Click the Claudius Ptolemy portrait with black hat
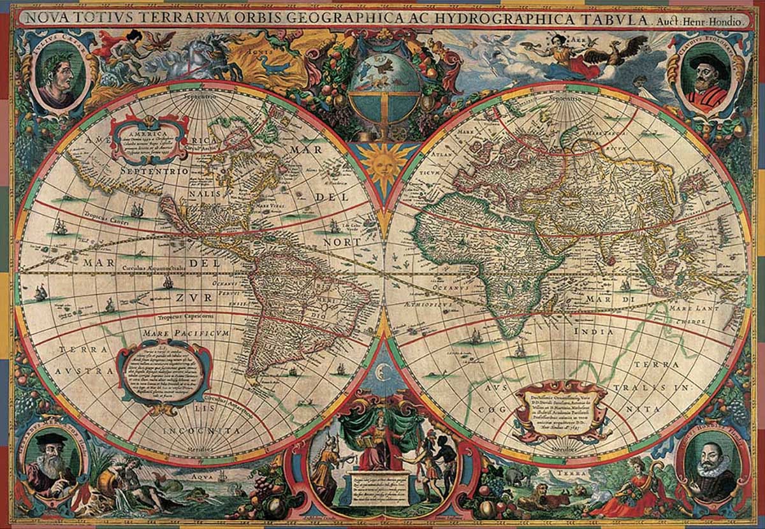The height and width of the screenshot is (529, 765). pyautogui.click(x=706, y=75)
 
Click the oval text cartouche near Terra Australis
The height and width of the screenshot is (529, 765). pyautogui.click(x=164, y=373)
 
